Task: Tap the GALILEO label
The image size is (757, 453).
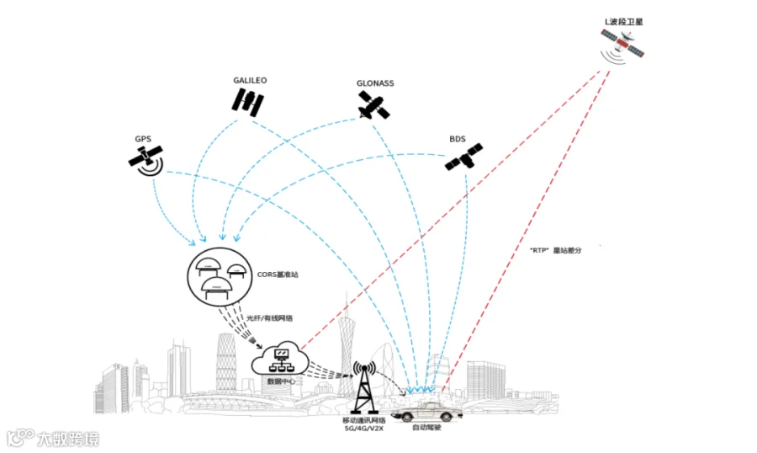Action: pyautogui.click(x=250, y=81)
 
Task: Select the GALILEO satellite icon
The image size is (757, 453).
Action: pyautogui.click(x=248, y=102)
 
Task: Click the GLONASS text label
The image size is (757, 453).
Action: pyautogui.click(x=374, y=83)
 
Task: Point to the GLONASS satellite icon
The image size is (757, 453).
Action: pyautogui.click(x=371, y=107)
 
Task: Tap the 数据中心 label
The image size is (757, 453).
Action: pyautogui.click(x=280, y=381)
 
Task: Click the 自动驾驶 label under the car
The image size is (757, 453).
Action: pyautogui.click(x=426, y=429)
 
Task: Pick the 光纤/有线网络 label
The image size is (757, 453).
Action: pyautogui.click(x=268, y=318)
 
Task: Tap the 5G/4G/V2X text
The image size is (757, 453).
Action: pyautogui.click(x=363, y=429)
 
